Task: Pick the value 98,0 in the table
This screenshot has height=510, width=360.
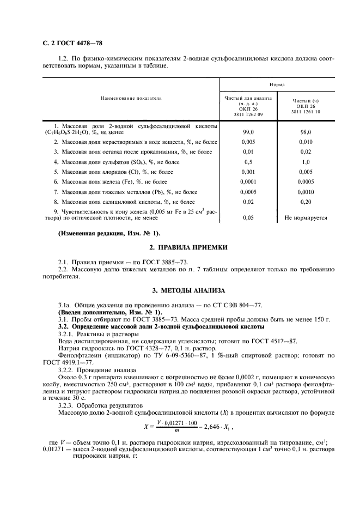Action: (x=306, y=132)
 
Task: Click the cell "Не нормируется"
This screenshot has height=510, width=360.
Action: (x=306, y=217)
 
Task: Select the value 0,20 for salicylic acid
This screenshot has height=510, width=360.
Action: (x=306, y=202)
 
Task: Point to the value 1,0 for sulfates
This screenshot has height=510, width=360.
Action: (x=306, y=162)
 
